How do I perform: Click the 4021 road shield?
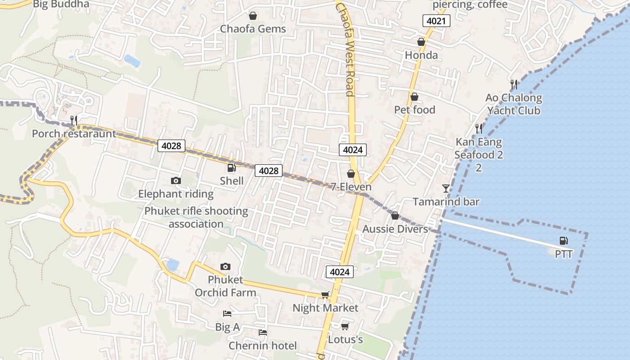tap(436, 20)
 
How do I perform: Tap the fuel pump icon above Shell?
tap(231, 168)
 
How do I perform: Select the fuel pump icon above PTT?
tap(563, 241)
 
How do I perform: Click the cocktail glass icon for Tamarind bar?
tap(446, 188)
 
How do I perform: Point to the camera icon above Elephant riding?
tap(176, 181)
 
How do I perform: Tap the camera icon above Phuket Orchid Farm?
tap(225, 267)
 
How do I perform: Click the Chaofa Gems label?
tap(253, 29)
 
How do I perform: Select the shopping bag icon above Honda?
tap(421, 42)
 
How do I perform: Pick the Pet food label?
tap(414, 110)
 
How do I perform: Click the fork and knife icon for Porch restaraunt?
tap(74, 120)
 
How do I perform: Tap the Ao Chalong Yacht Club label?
tap(513, 104)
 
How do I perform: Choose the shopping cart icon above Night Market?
tap(325, 295)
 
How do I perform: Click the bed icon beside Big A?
tap(227, 314)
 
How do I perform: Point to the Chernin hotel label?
tap(263, 346)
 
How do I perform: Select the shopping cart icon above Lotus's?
tap(345, 326)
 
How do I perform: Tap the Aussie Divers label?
tap(395, 229)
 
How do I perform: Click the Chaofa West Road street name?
tap(346, 49)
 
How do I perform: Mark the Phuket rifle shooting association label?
tap(196, 217)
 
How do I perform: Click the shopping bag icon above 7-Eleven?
tap(351, 174)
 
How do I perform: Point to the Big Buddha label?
tap(61, 4)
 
